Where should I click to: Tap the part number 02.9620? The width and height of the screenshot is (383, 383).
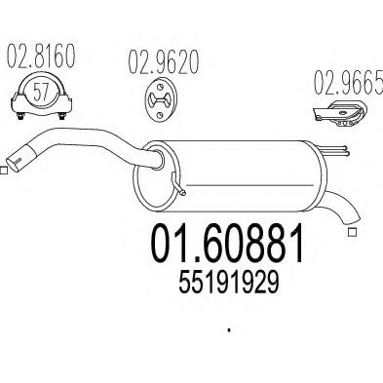[163, 62]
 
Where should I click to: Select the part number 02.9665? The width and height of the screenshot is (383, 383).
[348, 82]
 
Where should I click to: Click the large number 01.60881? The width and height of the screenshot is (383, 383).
[227, 243]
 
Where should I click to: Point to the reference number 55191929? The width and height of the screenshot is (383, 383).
[229, 282]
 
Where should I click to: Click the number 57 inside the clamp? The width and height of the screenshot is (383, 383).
[41, 92]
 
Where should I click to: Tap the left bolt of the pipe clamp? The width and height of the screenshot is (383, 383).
[20, 116]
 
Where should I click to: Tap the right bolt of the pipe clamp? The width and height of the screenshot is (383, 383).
[61, 116]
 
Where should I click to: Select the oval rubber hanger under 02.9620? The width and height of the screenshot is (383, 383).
[160, 98]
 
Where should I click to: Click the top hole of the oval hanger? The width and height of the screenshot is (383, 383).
[160, 87]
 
